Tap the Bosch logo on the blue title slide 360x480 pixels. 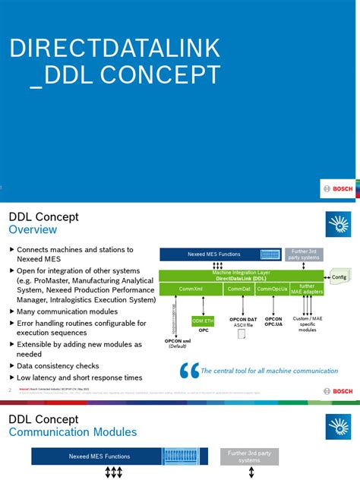pyautogui.click(x=336, y=190)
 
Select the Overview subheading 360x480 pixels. pyautogui.click(x=33, y=229)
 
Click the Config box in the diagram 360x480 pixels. pyautogui.click(x=339, y=278)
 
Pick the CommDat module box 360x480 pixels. pyautogui.click(x=238, y=289)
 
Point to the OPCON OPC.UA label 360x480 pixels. pyautogui.click(x=274, y=322)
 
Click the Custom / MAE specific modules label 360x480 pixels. pyautogui.click(x=307, y=325)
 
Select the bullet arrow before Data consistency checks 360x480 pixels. pyautogui.click(x=11, y=365)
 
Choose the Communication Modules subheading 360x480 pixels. pyautogui.click(x=73, y=431)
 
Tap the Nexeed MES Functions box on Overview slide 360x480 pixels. pyautogui.click(x=219, y=254)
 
